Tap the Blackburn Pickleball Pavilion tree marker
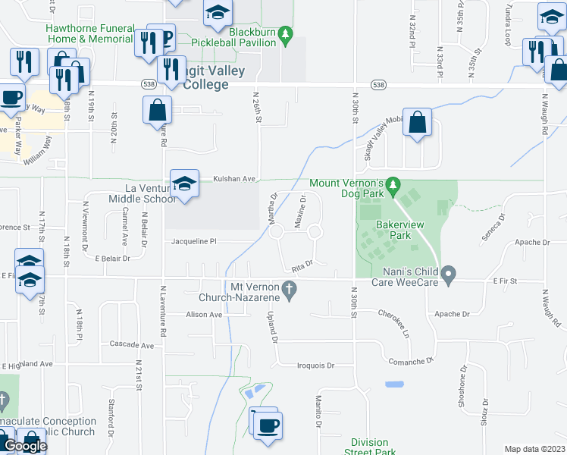pos(285,34)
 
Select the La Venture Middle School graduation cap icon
pos(184,184)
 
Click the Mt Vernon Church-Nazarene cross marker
pos(287,288)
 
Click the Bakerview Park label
pos(394,230)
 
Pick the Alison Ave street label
pos(205,314)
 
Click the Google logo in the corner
pos(25,446)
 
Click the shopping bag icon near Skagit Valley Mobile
pos(417,124)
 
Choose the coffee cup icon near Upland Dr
pos(268,424)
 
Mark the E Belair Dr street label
pos(112,259)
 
